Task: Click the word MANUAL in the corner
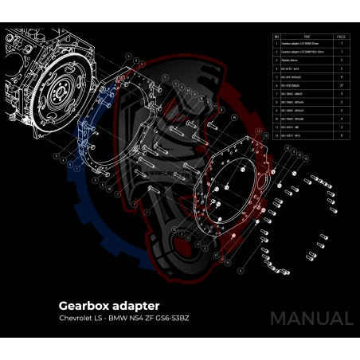click(x=311, y=319)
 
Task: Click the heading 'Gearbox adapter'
click(x=109, y=305)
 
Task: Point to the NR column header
click(x=276, y=37)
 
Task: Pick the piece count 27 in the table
click(x=342, y=84)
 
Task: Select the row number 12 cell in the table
click(x=276, y=136)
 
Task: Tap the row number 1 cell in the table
click(x=276, y=45)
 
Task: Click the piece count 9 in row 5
click(x=342, y=76)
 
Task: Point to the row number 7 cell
click(x=276, y=92)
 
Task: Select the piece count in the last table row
click(x=342, y=136)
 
